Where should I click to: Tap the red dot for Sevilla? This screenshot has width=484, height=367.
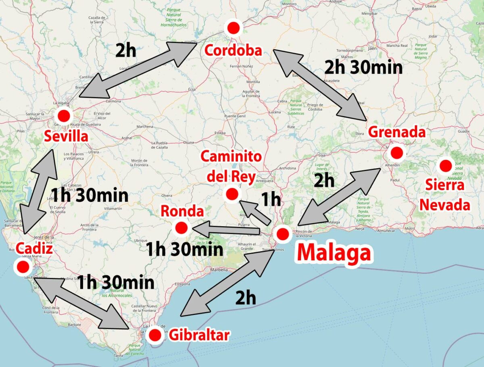[63, 116]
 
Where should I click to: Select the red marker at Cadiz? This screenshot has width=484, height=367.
[22, 266]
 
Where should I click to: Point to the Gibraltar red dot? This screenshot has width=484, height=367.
[154, 334]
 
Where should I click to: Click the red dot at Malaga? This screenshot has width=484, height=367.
[282, 234]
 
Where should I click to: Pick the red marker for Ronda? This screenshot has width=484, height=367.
[180, 228]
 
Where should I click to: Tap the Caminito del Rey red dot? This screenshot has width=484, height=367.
[232, 194]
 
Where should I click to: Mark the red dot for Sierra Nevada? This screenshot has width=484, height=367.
[446, 165]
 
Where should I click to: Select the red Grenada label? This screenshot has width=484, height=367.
[397, 132]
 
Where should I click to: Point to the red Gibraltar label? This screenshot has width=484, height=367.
[199, 335]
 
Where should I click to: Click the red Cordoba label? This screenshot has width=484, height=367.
[233, 50]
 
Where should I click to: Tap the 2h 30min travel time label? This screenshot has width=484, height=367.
[363, 67]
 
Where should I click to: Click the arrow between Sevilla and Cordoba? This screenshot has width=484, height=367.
[138, 69]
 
